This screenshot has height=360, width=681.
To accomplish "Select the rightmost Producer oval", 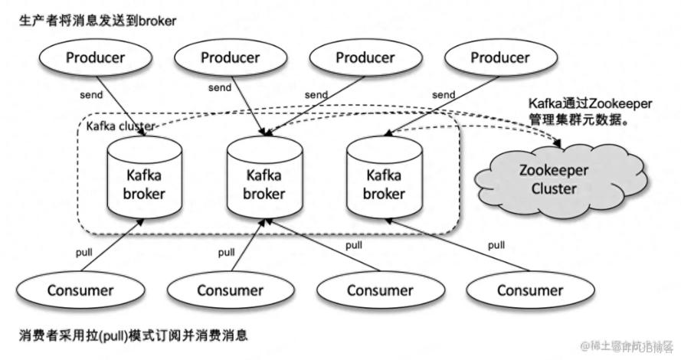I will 499,57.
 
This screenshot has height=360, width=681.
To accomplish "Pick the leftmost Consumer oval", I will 80,290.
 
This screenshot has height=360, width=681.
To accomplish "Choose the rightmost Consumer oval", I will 529,290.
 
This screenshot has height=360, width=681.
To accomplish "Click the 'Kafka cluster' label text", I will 121,125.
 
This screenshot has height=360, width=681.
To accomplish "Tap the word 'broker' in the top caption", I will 156,21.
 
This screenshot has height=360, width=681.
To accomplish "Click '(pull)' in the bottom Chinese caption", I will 112,335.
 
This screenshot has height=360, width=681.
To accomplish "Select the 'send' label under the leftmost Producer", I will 92,95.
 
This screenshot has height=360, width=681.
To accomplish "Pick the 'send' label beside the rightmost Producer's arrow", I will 443,94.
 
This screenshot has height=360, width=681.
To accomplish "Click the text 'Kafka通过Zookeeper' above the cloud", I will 580,102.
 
